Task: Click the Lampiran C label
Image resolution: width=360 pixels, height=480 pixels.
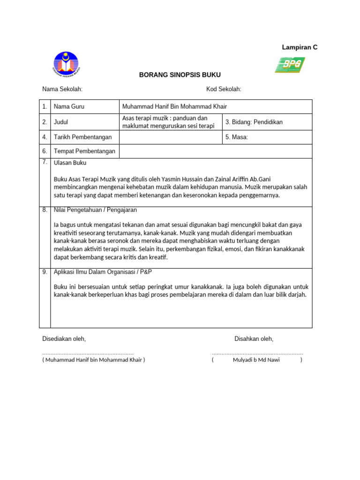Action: (x=300, y=47)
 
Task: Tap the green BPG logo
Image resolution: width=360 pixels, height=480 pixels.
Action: (x=290, y=65)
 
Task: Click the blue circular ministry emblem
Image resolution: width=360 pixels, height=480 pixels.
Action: (x=66, y=65)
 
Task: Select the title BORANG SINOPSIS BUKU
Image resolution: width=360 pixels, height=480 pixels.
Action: (x=180, y=75)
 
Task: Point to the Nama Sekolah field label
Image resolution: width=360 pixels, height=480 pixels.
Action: (x=62, y=89)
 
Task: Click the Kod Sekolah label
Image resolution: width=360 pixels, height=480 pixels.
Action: (x=224, y=89)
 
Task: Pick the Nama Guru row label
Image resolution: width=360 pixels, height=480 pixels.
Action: (x=69, y=107)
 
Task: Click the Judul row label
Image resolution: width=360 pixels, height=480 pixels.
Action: (x=61, y=122)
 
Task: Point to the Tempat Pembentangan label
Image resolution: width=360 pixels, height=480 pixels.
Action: (x=84, y=151)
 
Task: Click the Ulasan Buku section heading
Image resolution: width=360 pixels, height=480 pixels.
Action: (x=70, y=163)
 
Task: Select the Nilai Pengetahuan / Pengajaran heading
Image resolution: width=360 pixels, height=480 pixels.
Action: (x=95, y=210)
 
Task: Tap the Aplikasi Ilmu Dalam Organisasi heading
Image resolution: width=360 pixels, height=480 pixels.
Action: (x=103, y=272)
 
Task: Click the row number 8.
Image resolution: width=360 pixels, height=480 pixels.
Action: (x=45, y=210)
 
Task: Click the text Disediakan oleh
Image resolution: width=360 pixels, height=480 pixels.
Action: (x=64, y=339)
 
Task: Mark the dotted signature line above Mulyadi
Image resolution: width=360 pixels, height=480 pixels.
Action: (x=257, y=353)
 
